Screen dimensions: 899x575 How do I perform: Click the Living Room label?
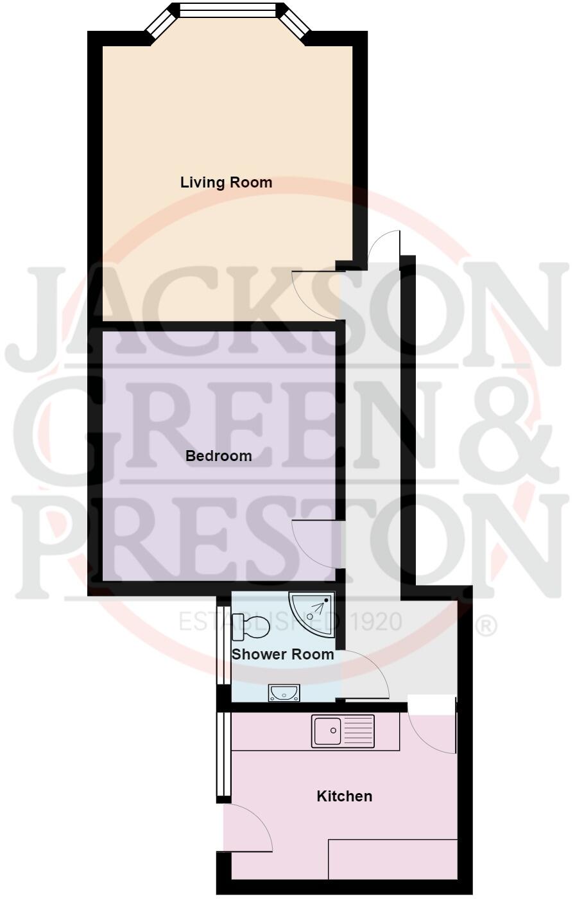coord(226,182)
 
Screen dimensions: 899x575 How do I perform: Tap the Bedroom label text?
coord(218,456)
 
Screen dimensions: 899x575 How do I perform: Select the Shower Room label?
coord(282,654)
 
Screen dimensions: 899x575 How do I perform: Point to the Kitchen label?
coord(345,796)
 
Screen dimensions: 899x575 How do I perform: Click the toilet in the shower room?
coord(251,627)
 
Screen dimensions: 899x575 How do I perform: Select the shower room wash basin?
coord(283,692)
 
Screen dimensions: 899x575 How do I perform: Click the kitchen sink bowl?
coord(327,731)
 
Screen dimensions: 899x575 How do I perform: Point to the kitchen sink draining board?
coord(359,731)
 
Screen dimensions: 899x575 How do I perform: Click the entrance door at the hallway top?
coord(385,247)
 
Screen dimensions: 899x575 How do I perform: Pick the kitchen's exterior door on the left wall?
coord(250,828)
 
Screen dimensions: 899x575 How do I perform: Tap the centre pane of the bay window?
coord(228,10)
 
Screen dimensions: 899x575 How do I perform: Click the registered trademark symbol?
coord(488,625)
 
